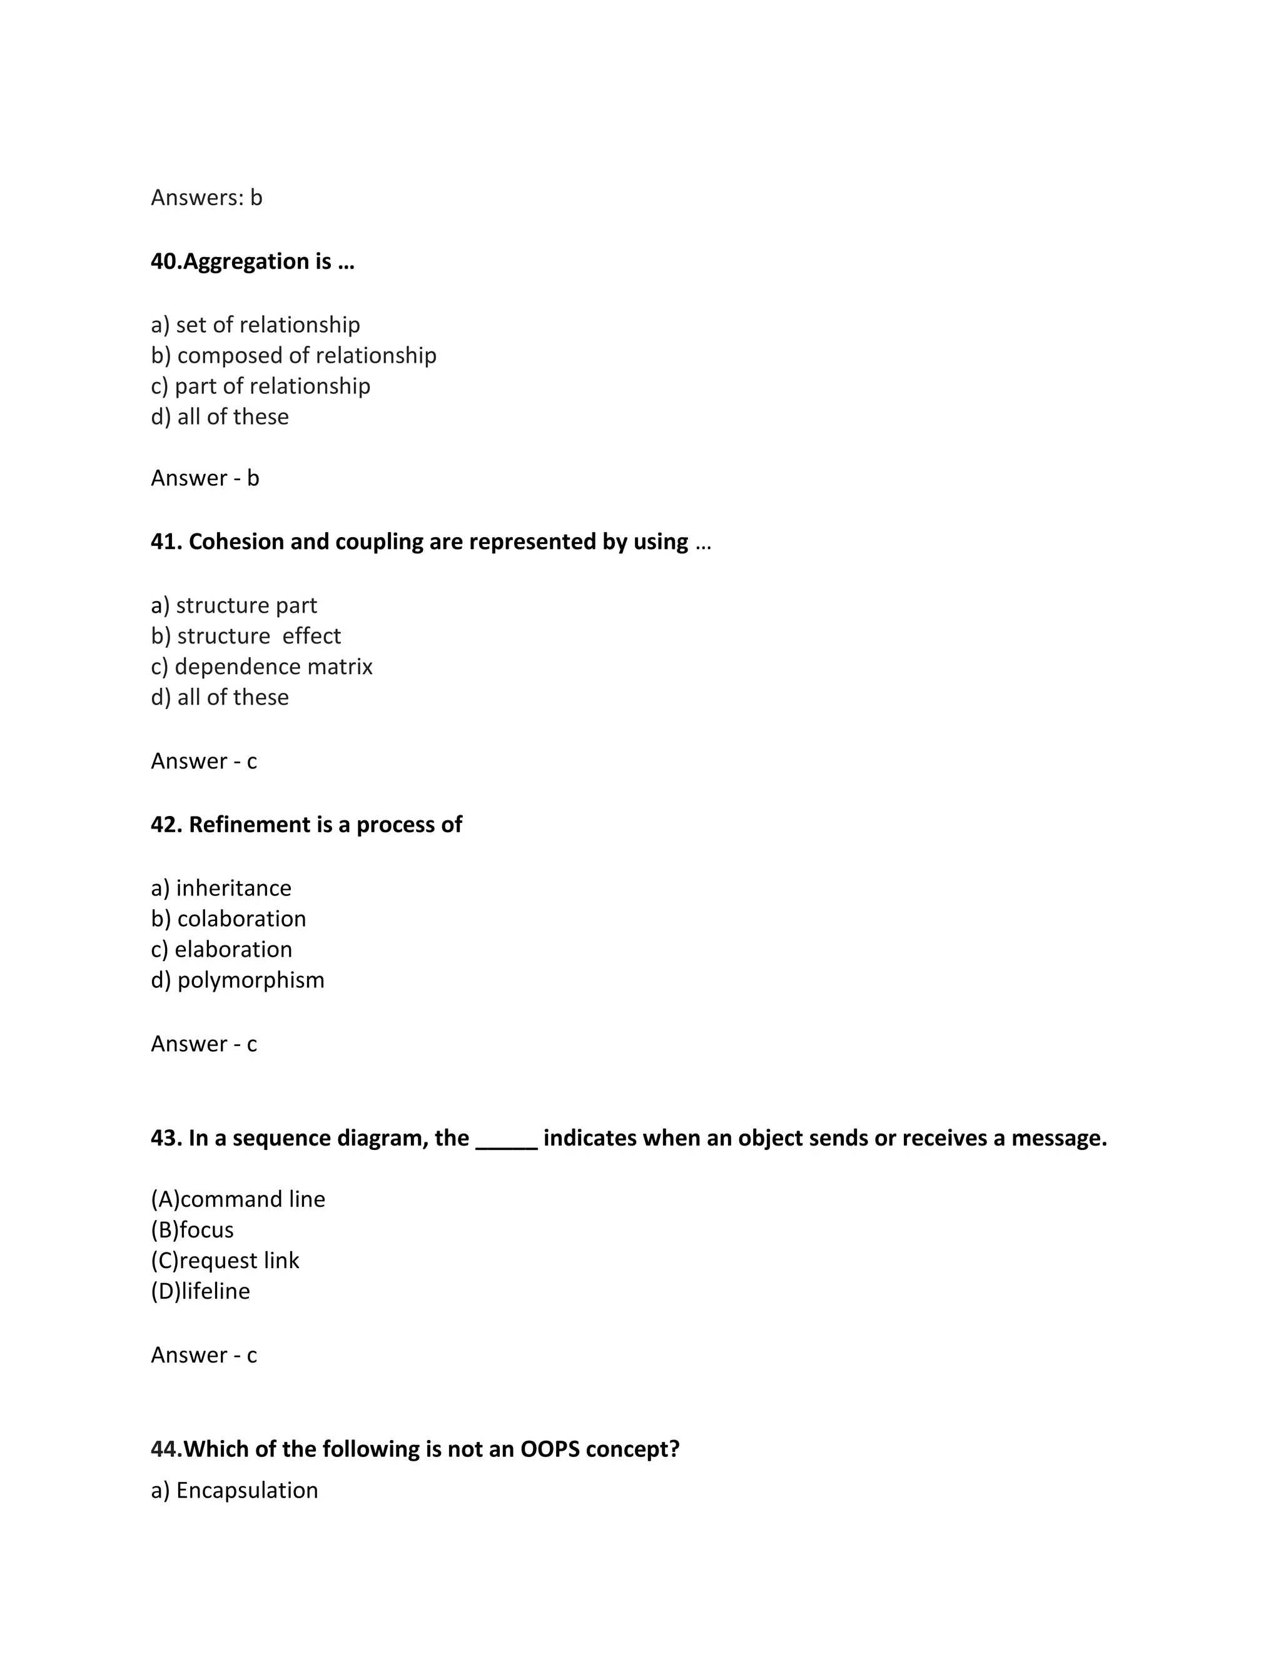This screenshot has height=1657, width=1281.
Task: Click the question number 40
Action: pos(165,262)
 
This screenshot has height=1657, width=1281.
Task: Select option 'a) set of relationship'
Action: pos(255,325)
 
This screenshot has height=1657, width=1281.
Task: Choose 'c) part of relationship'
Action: pos(260,386)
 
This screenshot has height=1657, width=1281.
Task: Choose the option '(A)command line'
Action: pos(238,1199)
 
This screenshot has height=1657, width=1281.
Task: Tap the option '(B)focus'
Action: pos(192,1230)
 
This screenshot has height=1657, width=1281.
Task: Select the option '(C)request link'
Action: pos(225,1261)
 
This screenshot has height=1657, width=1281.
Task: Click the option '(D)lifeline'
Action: pos(200,1291)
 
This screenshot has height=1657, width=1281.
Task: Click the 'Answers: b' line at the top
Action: pos(206,198)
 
